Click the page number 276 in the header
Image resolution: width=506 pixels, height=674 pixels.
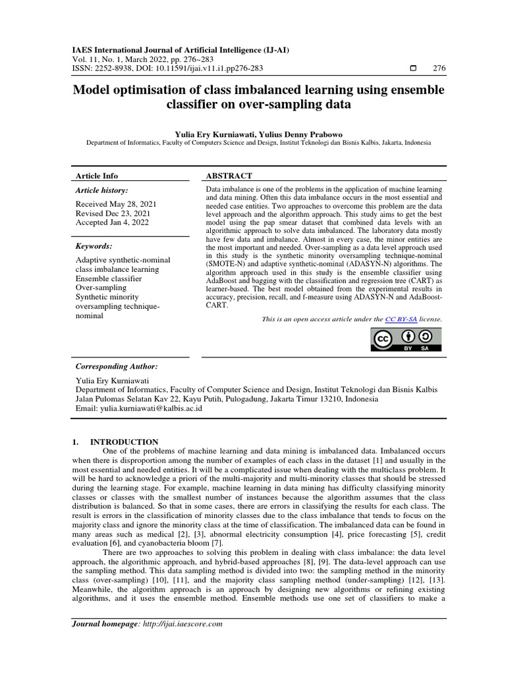click(x=439, y=68)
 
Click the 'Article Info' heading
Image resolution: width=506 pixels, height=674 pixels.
click(x=97, y=176)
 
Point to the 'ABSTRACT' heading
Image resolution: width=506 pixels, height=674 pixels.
click(x=230, y=176)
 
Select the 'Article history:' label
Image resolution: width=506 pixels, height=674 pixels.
click(x=103, y=190)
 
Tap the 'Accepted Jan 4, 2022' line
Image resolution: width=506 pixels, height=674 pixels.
click(x=112, y=223)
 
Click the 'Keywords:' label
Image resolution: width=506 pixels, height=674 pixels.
click(x=94, y=246)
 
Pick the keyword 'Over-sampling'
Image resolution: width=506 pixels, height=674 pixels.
click(x=101, y=288)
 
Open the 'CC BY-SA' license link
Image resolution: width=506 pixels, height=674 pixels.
click(x=401, y=319)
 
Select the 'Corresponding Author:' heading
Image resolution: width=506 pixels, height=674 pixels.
click(x=117, y=366)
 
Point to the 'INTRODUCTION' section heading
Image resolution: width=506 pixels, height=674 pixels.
click(x=124, y=442)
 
